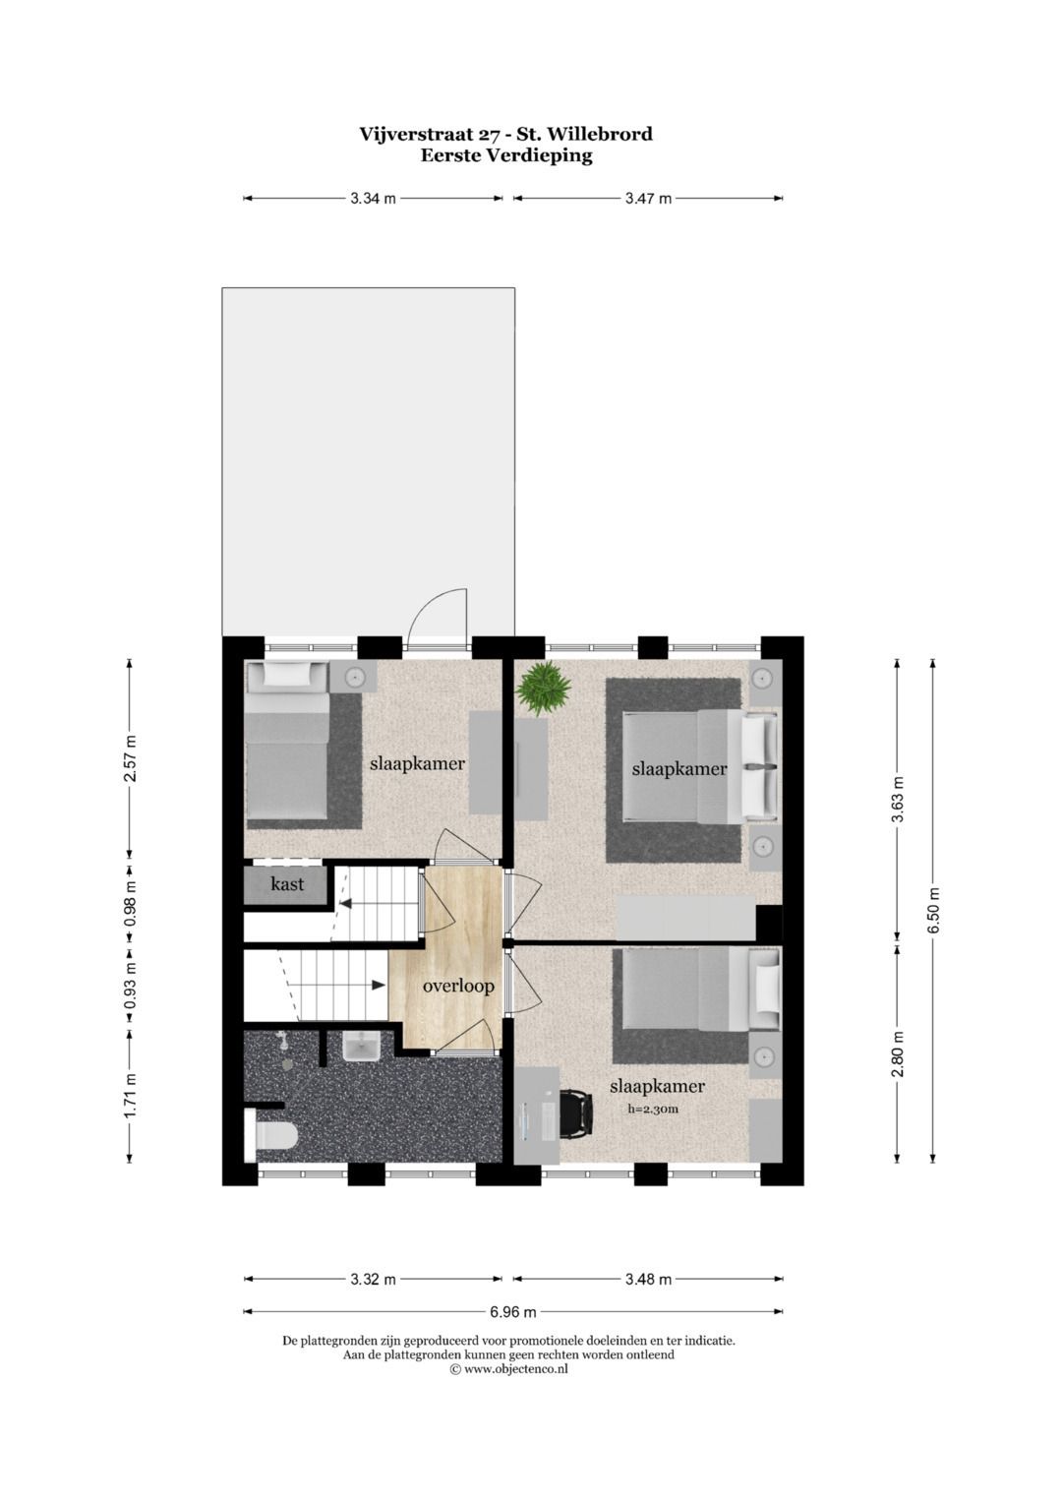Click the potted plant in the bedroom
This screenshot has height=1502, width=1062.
544,687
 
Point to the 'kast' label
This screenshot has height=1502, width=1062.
287,884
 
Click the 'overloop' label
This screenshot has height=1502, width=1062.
458,986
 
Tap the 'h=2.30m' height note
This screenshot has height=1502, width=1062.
654,1109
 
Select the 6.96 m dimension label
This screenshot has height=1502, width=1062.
513,1311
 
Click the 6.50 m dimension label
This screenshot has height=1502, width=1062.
933,912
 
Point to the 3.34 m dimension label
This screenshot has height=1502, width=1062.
373,199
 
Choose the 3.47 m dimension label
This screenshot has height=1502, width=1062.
648,199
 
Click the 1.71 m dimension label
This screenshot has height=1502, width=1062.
130,1094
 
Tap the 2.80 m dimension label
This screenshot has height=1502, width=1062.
897,1053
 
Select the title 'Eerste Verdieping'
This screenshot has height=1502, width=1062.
505,155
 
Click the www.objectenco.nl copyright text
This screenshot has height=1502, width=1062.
508,1368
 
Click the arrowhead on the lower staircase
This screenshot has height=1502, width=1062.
379,985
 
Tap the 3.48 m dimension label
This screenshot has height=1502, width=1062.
648,1280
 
